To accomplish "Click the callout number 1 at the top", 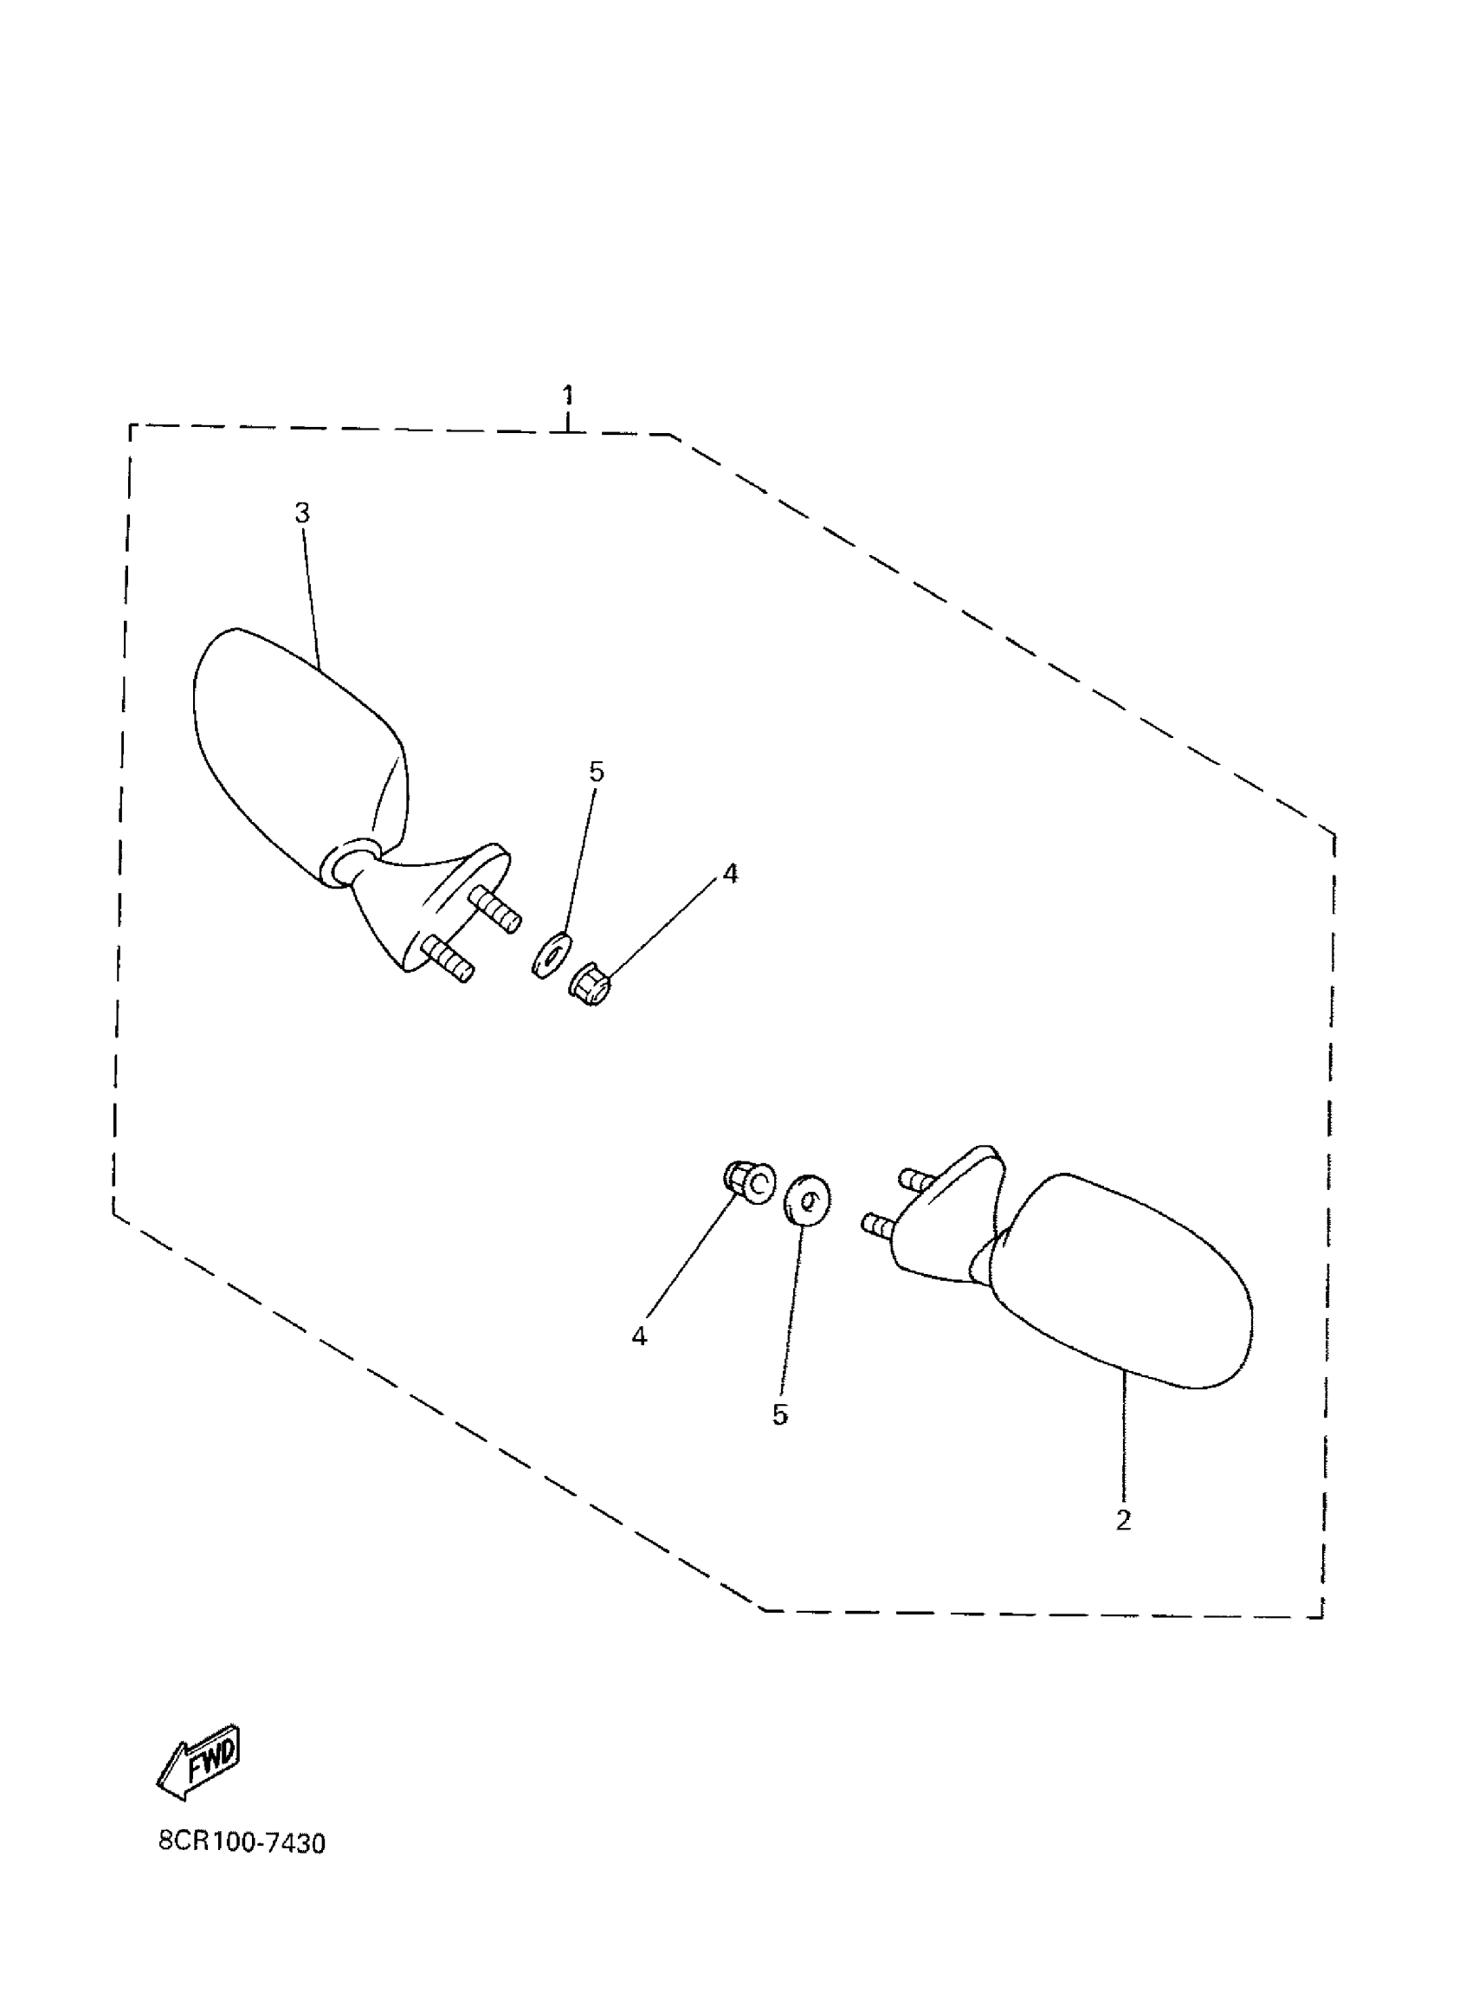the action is tap(568, 395).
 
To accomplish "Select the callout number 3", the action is tap(302, 514).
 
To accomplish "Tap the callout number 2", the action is tap(1123, 1520).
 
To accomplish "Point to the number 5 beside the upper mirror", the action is tap(596, 772).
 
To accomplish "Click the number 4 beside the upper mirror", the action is tap(730, 874).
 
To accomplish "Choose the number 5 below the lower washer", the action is tap(779, 1415).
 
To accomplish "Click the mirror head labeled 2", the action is tap(1132, 1283).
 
